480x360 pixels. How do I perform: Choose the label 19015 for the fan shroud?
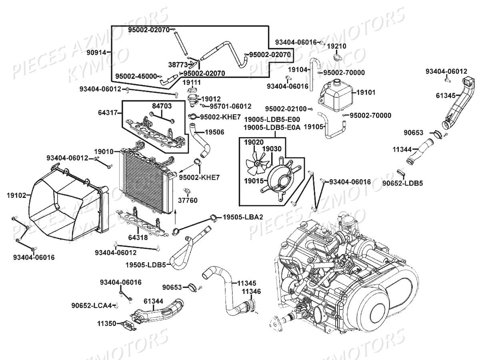pos(254,181)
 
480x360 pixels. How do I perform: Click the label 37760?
pos(187,200)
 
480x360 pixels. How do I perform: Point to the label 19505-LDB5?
pos(145,264)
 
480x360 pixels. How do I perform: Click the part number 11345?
pos(247,283)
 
